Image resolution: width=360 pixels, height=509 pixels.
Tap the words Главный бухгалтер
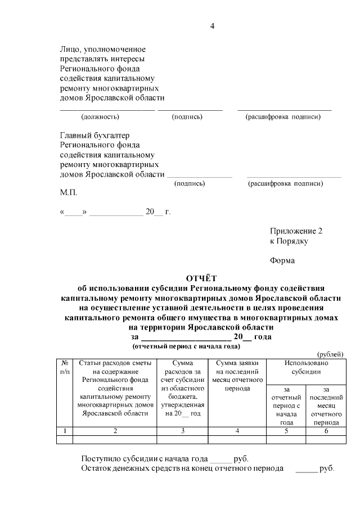click(x=94, y=136)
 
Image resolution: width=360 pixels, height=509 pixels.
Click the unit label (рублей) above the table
click(x=330, y=353)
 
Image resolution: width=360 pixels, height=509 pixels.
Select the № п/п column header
click(x=65, y=368)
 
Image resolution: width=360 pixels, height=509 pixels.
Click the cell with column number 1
click(x=65, y=431)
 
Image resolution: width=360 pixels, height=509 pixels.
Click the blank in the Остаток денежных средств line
click(x=306, y=468)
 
